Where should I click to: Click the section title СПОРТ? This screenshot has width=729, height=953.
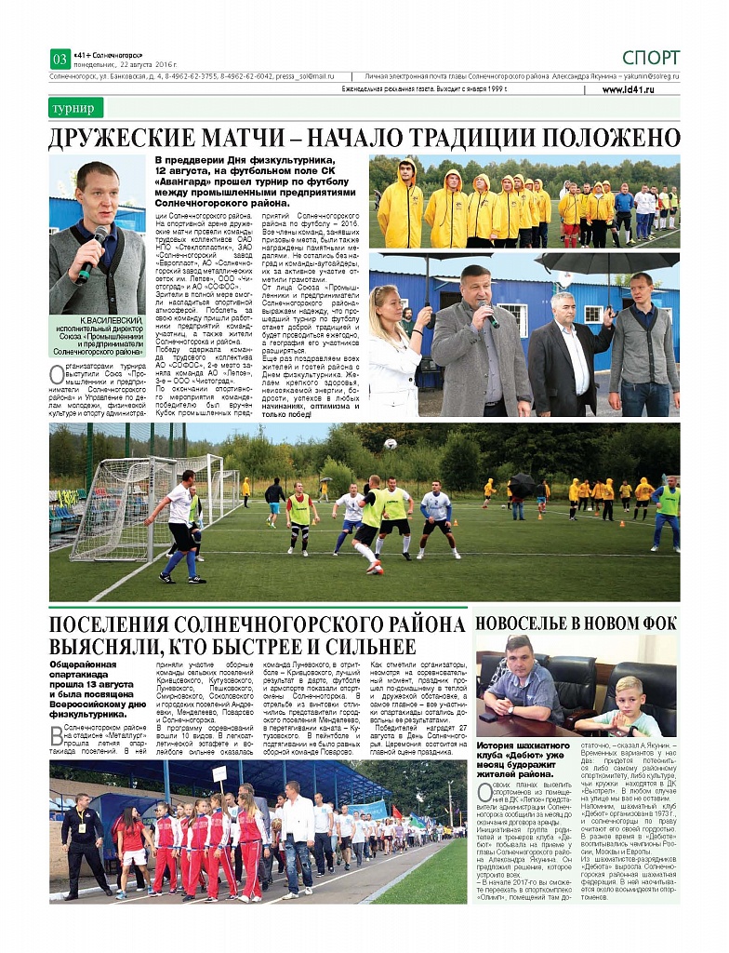[651, 58]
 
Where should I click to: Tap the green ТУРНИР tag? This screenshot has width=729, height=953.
[74, 108]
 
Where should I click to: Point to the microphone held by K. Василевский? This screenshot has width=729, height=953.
[92, 254]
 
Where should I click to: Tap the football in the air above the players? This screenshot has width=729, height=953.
[390, 444]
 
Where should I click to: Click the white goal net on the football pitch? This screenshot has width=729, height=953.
[112, 507]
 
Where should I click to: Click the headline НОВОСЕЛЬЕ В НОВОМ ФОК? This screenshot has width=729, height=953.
[576, 623]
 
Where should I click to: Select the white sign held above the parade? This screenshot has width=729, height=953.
[219, 773]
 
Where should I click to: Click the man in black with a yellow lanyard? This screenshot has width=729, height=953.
[86, 842]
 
